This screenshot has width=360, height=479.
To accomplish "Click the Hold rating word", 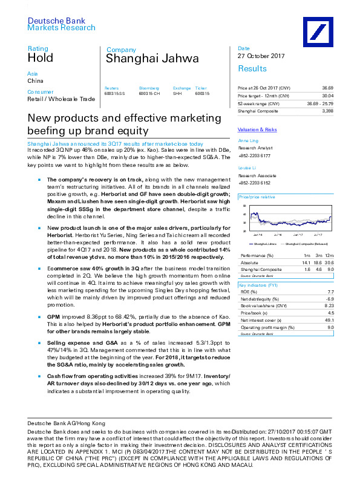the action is [x=41, y=58].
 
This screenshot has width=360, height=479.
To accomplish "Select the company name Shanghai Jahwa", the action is [x=137, y=59].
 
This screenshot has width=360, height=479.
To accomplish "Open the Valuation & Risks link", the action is [x=257, y=130].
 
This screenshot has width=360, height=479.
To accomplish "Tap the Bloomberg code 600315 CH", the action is [x=149, y=94].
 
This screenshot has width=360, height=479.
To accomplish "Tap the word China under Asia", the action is [x=35, y=80].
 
